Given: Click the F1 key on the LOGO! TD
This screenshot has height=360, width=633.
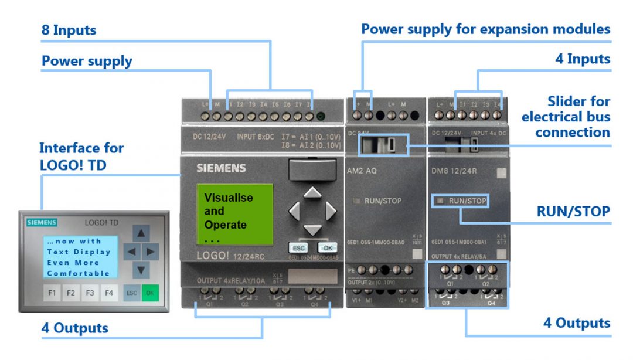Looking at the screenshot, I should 52,292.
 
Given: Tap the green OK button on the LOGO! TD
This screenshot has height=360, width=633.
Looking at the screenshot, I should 150,292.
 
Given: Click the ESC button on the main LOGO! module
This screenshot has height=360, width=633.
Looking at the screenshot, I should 297,247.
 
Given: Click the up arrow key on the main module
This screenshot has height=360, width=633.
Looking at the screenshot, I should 313,192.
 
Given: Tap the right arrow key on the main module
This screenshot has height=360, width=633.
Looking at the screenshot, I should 331,210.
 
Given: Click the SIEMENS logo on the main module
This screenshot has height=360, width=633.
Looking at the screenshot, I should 221,168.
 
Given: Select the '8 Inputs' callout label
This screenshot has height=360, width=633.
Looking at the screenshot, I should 69,30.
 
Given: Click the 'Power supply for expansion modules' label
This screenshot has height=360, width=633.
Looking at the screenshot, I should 485,29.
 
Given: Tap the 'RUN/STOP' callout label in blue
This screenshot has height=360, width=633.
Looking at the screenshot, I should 573,212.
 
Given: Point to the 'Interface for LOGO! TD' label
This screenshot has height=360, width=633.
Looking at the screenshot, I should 81,156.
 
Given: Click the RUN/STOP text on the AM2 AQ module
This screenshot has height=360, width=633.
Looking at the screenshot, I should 382,201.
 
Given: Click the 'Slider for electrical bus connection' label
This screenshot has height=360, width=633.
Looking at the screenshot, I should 566,117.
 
